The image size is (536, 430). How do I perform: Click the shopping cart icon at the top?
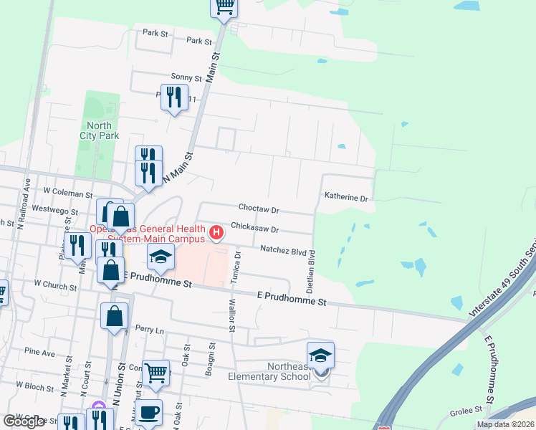click(224, 6)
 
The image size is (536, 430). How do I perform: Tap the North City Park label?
click(98, 130)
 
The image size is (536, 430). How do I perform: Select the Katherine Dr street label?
click(345, 196)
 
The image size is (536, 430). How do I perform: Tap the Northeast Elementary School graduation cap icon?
click(320, 355)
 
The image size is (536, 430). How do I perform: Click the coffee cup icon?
click(148, 413)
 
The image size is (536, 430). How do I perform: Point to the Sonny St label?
click(186, 77)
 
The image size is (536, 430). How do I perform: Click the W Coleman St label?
click(68, 193)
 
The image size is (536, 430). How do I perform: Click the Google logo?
click(24, 421)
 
